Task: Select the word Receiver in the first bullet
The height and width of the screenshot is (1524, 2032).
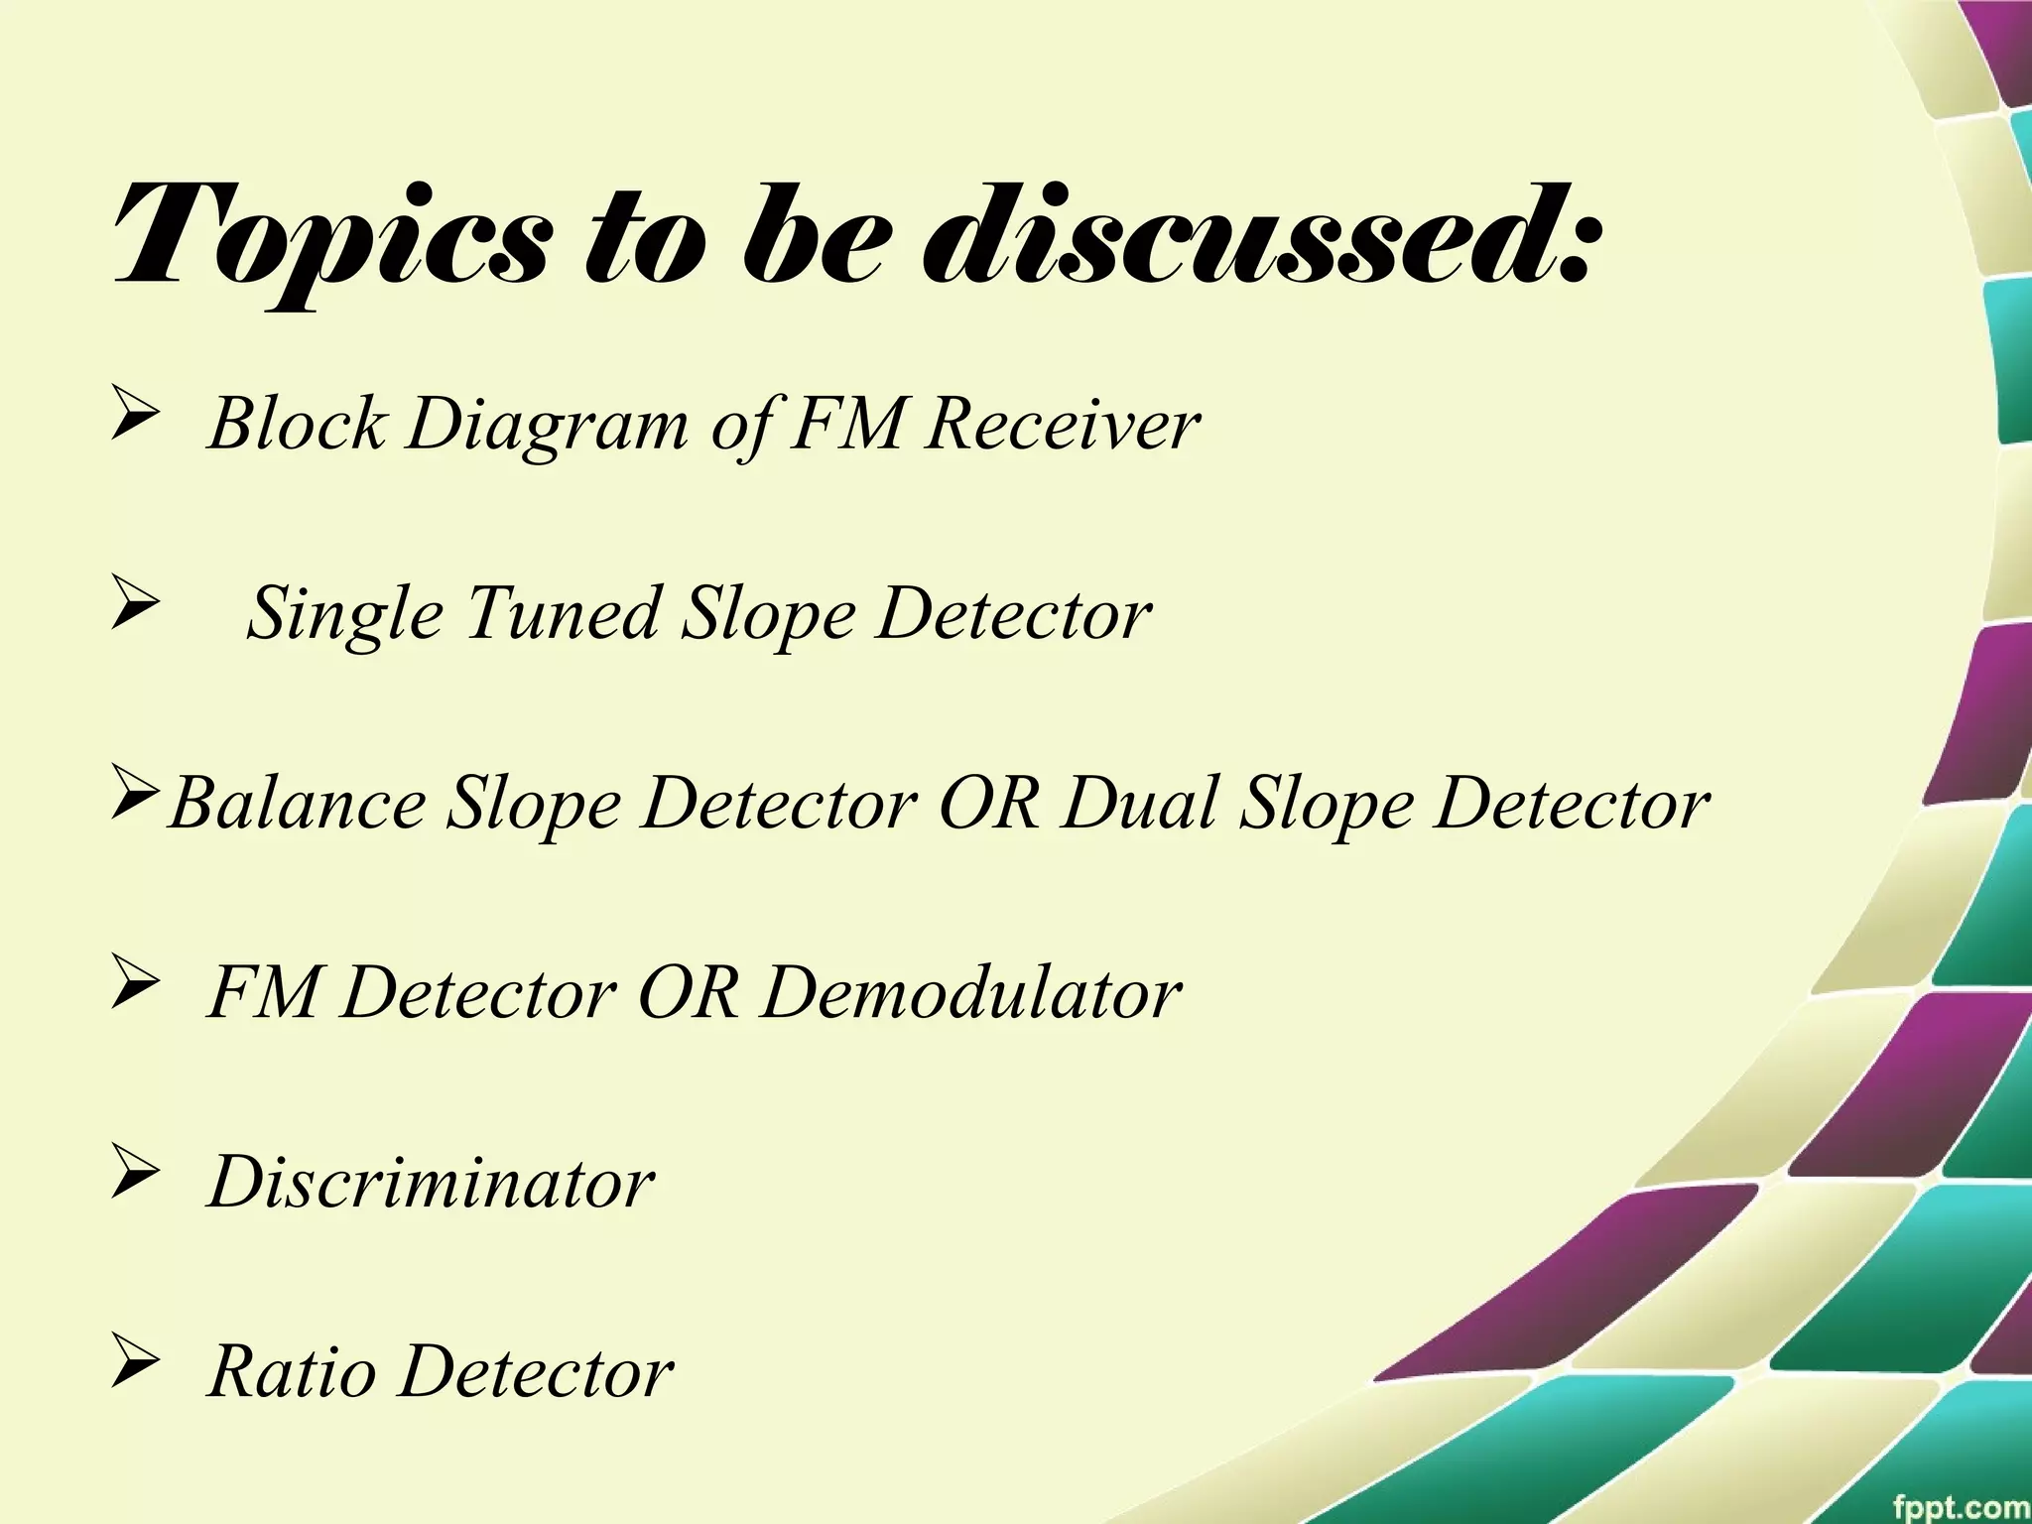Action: tap(1061, 425)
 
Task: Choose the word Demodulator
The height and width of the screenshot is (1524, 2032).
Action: tap(971, 993)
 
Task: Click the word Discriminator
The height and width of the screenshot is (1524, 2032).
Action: tap(432, 1183)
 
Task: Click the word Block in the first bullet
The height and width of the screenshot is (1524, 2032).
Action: tap(296, 425)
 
